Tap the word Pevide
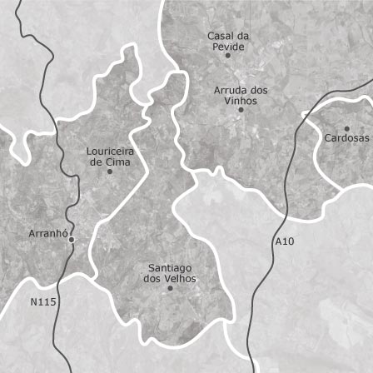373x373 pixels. click(229, 47)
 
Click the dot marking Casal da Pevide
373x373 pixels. click(227, 56)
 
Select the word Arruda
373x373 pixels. click(228, 90)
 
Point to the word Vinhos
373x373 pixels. click(241, 100)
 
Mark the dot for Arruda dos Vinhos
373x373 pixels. click(241, 109)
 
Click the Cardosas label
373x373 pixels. click(346, 137)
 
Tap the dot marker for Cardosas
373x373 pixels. click(348, 127)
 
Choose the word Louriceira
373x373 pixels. click(110, 152)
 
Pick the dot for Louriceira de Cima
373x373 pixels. click(109, 172)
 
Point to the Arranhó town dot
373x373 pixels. click(72, 240)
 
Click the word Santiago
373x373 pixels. click(170, 268)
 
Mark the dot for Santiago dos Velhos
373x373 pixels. click(170, 288)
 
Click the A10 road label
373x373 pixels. click(284, 241)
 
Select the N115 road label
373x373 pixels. click(43, 302)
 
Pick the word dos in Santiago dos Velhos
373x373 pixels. click(152, 279)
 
